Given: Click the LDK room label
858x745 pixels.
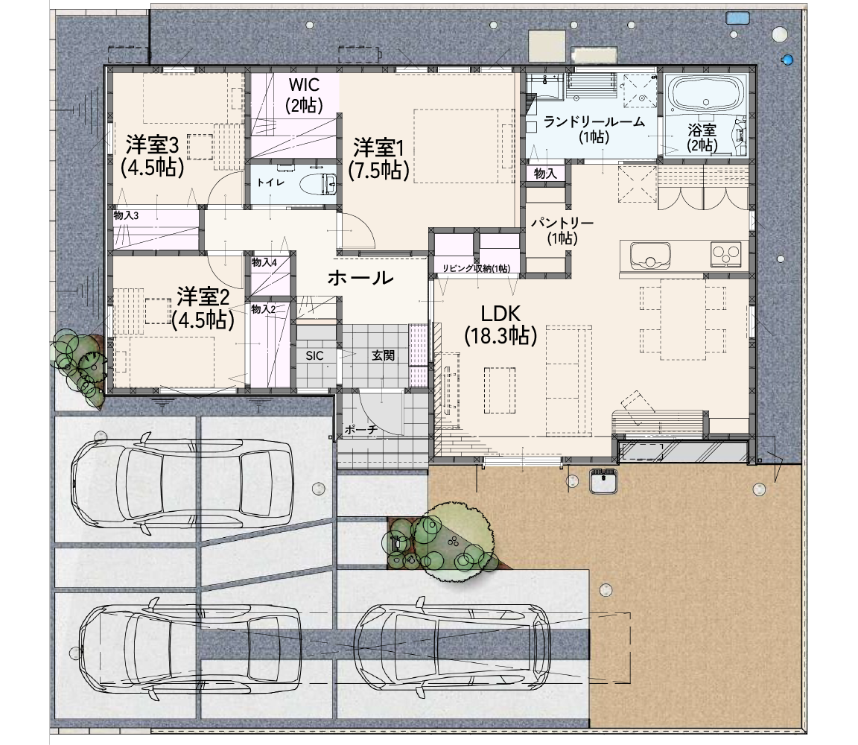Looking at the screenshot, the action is tap(500, 325).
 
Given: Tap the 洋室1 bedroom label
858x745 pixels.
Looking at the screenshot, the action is tap(378, 159).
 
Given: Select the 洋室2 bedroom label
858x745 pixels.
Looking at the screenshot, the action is tap(203, 308).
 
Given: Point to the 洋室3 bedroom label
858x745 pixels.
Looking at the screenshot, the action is tap(152, 156).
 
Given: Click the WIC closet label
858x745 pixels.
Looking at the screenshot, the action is tap(304, 95).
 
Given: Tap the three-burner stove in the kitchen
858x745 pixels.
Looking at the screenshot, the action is tap(726, 253).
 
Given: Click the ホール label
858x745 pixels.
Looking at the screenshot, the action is tap(360, 278).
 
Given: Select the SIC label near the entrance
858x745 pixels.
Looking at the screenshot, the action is tap(314, 356).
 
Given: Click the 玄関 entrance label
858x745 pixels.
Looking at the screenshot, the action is tap(383, 355).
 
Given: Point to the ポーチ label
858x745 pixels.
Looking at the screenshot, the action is tap(361, 430).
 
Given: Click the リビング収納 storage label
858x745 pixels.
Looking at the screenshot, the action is tap(476, 268).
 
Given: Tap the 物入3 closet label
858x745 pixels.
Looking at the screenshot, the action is tap(126, 215).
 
